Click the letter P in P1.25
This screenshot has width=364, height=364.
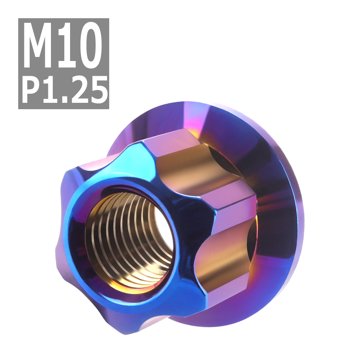click(32, 90)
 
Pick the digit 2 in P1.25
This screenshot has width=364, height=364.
click(79, 90)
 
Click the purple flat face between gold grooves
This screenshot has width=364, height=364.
click(234, 209)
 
